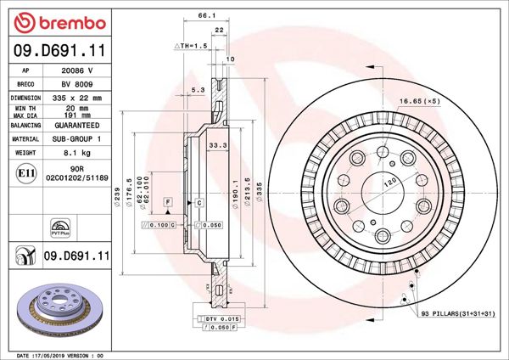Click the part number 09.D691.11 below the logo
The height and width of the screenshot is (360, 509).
[x=59, y=52]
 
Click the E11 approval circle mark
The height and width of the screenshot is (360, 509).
[x=25, y=174]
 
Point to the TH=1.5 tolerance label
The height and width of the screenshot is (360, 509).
[x=191, y=45]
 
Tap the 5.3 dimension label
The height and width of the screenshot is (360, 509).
[x=198, y=88]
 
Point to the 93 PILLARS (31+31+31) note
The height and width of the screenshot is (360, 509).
[x=459, y=315]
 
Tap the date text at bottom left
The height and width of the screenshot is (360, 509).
[x=59, y=354]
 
